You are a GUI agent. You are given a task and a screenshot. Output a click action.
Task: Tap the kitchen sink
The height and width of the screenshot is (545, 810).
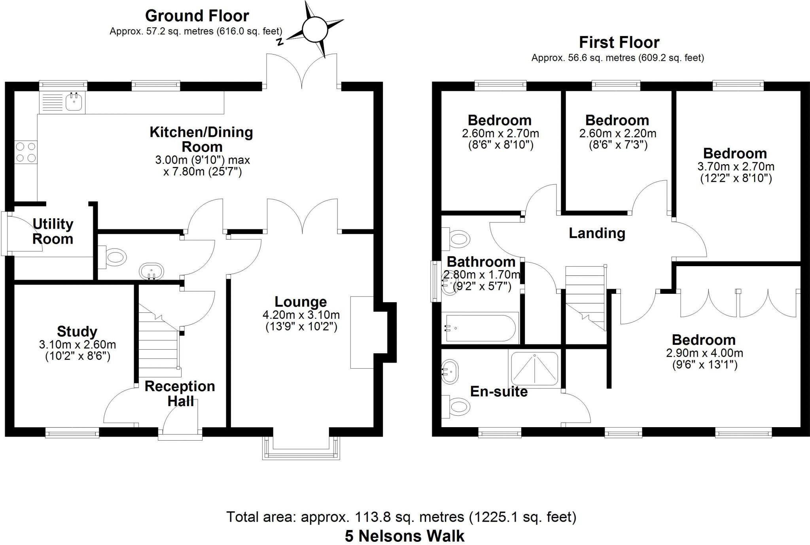[x=74, y=102]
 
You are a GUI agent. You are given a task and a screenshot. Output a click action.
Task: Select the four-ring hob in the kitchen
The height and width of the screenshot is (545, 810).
[x=26, y=152]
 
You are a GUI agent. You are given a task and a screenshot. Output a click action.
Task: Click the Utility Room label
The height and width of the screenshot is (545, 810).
[x=53, y=231]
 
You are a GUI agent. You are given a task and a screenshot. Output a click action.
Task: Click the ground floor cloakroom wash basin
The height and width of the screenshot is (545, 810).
[x=151, y=272]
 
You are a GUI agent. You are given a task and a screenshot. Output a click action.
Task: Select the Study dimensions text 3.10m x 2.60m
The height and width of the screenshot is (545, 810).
[x=78, y=345]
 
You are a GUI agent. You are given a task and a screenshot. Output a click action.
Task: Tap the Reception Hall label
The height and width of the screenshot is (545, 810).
[x=180, y=394]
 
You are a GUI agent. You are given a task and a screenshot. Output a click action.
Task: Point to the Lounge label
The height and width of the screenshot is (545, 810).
[x=301, y=302]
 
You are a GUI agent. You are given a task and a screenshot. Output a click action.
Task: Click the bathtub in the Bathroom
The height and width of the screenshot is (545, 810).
[x=480, y=328]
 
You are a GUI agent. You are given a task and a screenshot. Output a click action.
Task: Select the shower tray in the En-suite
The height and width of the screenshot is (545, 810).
[x=535, y=369]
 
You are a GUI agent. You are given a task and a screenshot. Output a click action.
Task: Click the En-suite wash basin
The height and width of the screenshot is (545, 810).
[x=450, y=372]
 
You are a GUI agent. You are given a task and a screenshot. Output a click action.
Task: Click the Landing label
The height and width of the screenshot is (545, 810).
[x=597, y=233]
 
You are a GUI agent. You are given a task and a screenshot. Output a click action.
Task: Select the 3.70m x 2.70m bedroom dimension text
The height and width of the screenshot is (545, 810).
[x=736, y=167]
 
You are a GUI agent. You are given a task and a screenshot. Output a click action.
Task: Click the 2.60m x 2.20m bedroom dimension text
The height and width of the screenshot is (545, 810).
[x=618, y=133]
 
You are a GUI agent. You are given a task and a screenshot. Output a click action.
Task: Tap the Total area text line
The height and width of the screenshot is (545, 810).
[x=401, y=517]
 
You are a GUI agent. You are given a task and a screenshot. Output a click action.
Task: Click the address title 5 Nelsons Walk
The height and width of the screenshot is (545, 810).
[x=405, y=536]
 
